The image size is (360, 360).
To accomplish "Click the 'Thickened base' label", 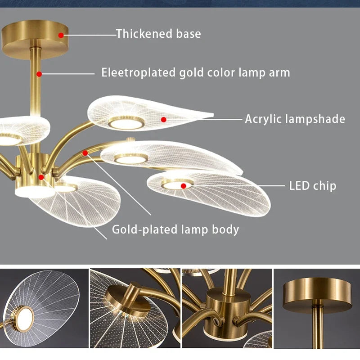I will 158,34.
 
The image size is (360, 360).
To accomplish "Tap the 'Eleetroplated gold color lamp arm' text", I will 196,72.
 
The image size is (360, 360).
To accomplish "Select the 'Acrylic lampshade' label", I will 295,119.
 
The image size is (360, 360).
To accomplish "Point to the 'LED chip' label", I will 312,185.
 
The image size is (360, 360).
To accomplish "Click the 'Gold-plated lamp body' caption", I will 175,229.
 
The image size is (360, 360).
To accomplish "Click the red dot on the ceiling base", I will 61,34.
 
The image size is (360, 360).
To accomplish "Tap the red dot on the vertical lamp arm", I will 39,73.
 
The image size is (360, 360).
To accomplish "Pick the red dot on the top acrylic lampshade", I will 164,119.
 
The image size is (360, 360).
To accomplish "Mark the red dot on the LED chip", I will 183,185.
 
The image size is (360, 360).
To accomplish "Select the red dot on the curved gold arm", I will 85,153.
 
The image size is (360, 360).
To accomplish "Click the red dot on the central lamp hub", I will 41,177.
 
